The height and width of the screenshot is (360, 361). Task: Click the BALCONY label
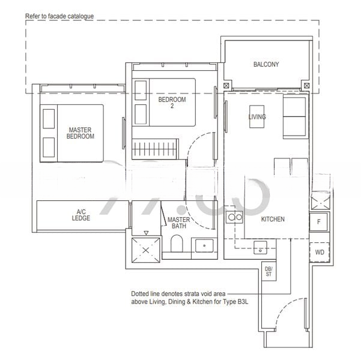pyautogui.click(x=265, y=64)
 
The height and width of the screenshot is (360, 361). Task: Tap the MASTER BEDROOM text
pyautogui.click(x=80, y=133)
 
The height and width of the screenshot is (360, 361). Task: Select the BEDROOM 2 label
pyautogui.click(x=172, y=103)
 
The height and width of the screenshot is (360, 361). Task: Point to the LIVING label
pyautogui.click(x=257, y=117)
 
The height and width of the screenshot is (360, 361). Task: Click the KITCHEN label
pyautogui.click(x=273, y=219)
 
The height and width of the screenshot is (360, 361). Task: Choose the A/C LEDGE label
pyautogui.click(x=82, y=215)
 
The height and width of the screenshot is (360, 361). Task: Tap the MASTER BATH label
pyautogui.click(x=178, y=223)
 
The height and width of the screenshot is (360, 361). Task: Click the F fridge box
pyautogui.click(x=318, y=221)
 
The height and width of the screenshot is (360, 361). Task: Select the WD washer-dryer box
pyautogui.click(x=319, y=252)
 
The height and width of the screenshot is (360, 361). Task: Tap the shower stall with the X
pyautogui.click(x=146, y=247)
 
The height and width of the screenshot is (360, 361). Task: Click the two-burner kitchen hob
pyautogui.click(x=234, y=217)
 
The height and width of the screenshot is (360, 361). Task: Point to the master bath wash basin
pyautogui.click(x=203, y=246)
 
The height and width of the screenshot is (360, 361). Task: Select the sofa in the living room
pyautogui.click(x=295, y=117)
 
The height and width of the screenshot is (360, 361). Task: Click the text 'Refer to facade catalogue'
pyautogui.click(x=59, y=16)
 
